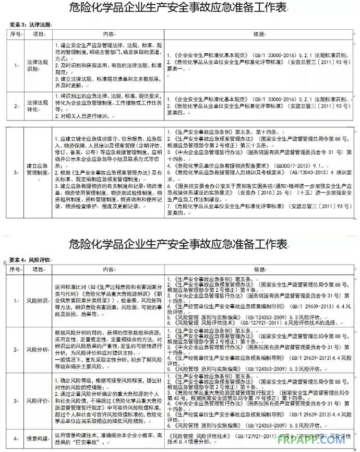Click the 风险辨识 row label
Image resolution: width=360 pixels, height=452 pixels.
pos(38,301)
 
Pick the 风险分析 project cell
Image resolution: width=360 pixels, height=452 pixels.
pos(38,349)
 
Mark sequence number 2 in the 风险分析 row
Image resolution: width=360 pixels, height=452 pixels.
pos(16,349)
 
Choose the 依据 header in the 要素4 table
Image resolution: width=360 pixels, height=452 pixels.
pos(259,269)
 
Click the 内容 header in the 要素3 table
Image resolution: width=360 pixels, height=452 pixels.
pos(109,34)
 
